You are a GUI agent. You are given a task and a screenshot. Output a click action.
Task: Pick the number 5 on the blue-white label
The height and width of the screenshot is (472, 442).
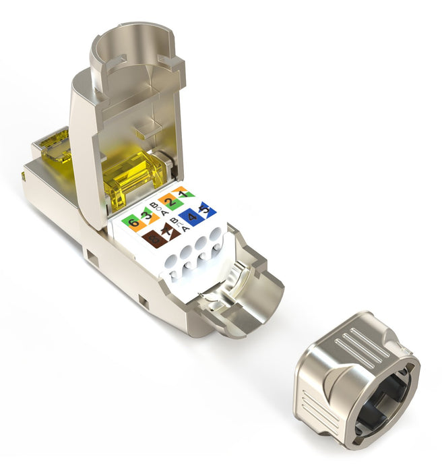(x=206, y=211)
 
